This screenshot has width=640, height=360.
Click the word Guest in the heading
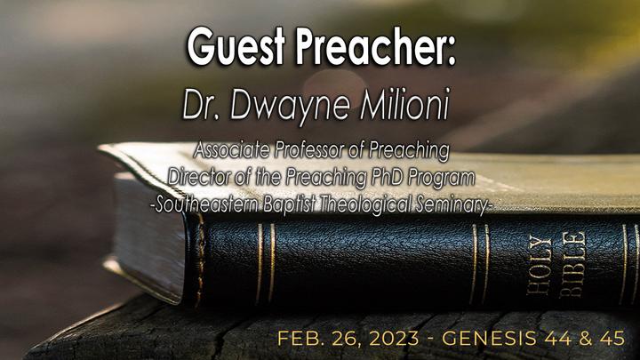pos(236,46)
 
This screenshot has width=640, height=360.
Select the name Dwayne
pos(290,106)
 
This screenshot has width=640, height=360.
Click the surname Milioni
pos(405,104)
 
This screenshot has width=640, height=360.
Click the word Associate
pos(231,150)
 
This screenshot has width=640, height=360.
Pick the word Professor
pos(309,150)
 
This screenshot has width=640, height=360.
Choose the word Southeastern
pos(207,204)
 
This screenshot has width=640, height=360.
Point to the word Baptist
pos(289,205)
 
